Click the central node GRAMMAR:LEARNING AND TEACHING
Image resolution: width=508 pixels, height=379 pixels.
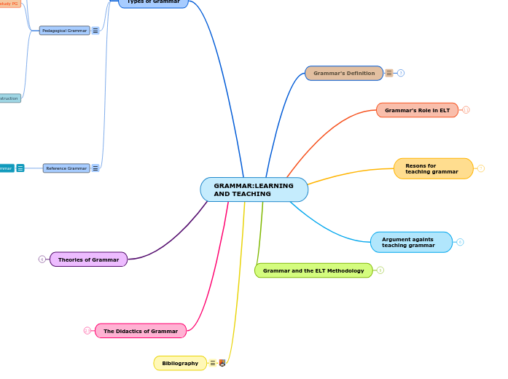(254, 189)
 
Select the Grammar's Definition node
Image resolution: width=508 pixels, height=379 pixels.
(343, 73)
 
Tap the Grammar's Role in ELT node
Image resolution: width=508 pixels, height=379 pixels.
(417, 110)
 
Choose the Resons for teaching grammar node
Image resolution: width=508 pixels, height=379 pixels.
(433, 168)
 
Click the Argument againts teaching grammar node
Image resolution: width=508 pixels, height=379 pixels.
(411, 242)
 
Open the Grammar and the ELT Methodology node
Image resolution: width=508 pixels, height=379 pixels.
(313, 270)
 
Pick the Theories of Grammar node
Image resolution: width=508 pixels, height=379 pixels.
(88, 259)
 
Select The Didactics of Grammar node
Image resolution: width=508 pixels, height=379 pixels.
(140, 331)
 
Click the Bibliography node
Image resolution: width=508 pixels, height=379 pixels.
(180, 363)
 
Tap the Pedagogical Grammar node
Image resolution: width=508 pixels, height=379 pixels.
(64, 31)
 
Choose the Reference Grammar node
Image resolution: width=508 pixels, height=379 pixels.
(66, 168)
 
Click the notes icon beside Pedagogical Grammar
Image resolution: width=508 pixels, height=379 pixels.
(95, 31)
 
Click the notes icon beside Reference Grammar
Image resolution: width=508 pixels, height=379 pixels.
(95, 168)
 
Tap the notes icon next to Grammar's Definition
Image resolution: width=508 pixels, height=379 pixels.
(389, 73)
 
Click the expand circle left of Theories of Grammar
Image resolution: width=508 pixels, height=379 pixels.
(42, 259)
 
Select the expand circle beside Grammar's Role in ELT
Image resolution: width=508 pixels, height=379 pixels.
(466, 110)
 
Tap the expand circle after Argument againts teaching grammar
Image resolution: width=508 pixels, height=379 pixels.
(460, 242)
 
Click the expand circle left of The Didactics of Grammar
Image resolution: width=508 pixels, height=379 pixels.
(87, 331)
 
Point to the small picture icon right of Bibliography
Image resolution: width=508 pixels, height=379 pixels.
(222, 363)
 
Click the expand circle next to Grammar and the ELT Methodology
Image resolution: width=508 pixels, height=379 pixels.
(380, 270)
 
